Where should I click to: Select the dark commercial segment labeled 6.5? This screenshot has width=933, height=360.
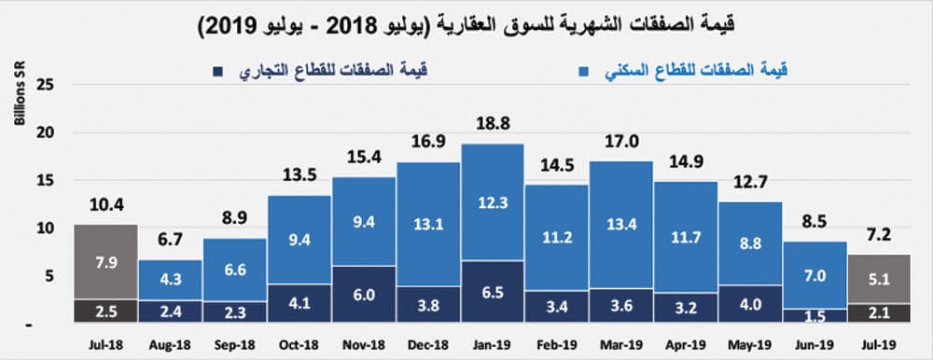[492, 292]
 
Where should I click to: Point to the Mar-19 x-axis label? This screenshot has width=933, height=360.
[620, 343]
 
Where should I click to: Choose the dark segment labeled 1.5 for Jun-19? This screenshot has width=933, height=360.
[815, 316]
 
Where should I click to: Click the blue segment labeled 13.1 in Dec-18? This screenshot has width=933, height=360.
[427, 224]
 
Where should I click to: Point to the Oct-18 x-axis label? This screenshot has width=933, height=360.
[299, 343]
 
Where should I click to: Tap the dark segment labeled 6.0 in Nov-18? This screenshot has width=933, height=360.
[363, 295]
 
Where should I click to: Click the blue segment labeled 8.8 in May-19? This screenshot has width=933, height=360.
[750, 242]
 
